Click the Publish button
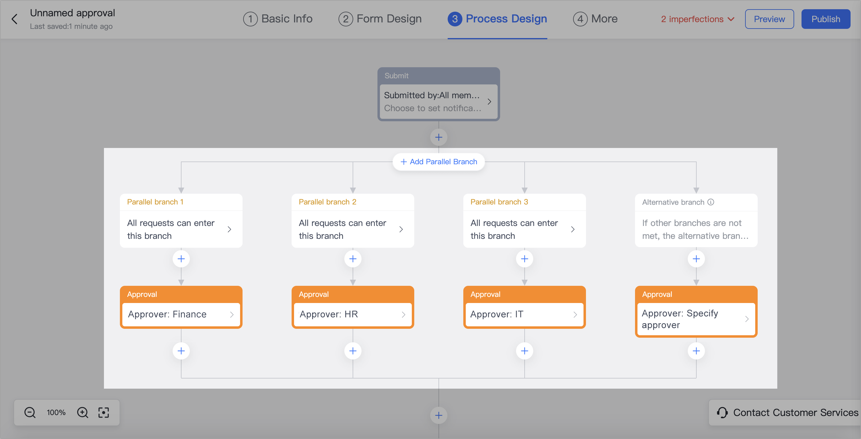825,19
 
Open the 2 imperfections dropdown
697,19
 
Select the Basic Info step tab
278,19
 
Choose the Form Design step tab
380,19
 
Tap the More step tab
595,19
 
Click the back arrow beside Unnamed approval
14,19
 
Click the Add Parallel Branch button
438,161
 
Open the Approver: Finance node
181,314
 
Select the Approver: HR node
353,314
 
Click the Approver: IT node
524,314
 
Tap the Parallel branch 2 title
327,202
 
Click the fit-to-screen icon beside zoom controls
104,413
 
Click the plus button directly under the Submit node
438,137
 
